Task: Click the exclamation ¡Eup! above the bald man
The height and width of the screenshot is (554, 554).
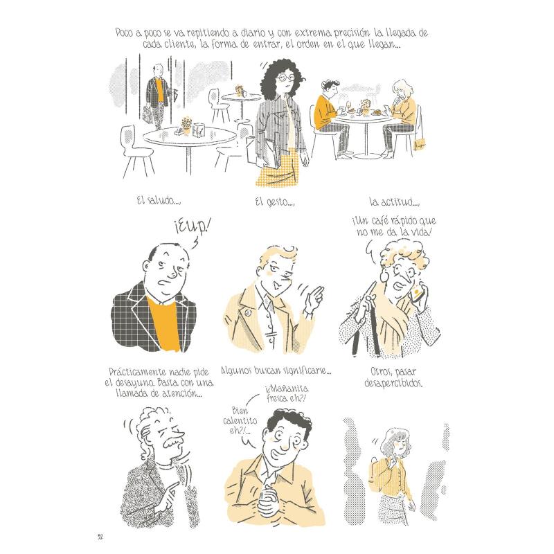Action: [192, 228]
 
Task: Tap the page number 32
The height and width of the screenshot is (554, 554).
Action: [100, 537]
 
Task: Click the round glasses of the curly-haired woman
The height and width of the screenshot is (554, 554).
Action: [286, 77]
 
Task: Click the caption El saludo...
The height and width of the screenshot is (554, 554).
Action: [159, 201]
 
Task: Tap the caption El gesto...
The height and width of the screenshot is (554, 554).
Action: [275, 202]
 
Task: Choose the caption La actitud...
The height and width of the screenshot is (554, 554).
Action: [394, 202]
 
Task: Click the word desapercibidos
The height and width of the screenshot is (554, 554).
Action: [393, 384]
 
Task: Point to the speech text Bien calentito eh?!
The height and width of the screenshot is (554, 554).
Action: [240, 421]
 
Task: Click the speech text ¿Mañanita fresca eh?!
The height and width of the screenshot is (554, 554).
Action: [287, 393]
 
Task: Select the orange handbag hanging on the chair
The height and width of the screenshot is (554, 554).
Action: [420, 143]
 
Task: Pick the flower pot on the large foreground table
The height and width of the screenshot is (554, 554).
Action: [186, 127]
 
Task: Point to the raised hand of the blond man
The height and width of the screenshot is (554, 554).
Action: [314, 300]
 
